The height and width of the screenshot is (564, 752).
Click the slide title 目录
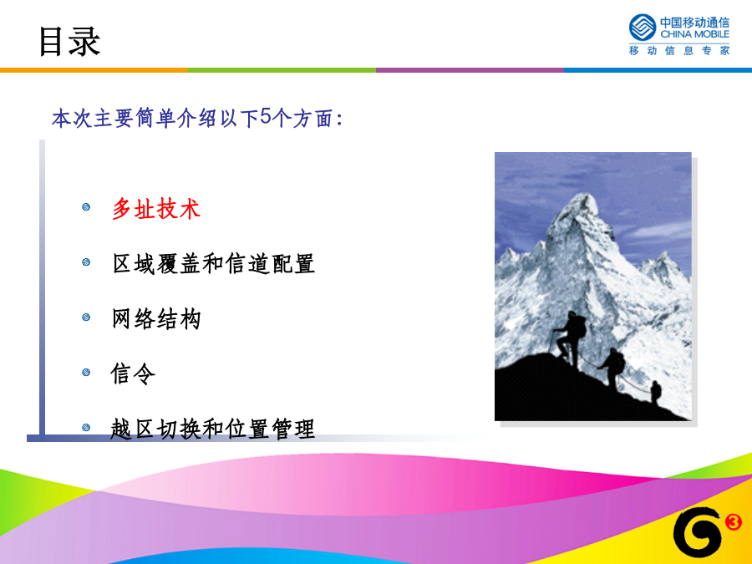click(x=69, y=42)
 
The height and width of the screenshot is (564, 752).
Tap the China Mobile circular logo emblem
click(x=643, y=28)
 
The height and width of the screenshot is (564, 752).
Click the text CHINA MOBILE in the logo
click(x=694, y=34)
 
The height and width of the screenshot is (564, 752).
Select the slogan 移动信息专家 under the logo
click(x=679, y=50)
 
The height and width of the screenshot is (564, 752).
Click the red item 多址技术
click(x=156, y=209)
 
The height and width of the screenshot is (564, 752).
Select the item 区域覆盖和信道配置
click(x=213, y=264)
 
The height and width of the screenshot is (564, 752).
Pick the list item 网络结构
click(x=156, y=319)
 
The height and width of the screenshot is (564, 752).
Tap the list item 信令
click(x=133, y=373)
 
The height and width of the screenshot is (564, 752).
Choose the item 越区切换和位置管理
click(x=212, y=429)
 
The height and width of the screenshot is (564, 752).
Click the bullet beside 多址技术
click(x=86, y=207)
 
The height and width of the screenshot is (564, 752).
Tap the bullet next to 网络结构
click(x=86, y=317)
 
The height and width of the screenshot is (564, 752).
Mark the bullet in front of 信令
click(x=86, y=372)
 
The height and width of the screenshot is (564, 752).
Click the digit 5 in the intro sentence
click(x=267, y=116)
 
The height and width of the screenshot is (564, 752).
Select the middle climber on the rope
click(x=612, y=367)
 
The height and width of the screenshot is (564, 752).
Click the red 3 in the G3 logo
click(x=733, y=521)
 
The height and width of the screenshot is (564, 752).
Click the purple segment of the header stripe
click(x=470, y=70)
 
